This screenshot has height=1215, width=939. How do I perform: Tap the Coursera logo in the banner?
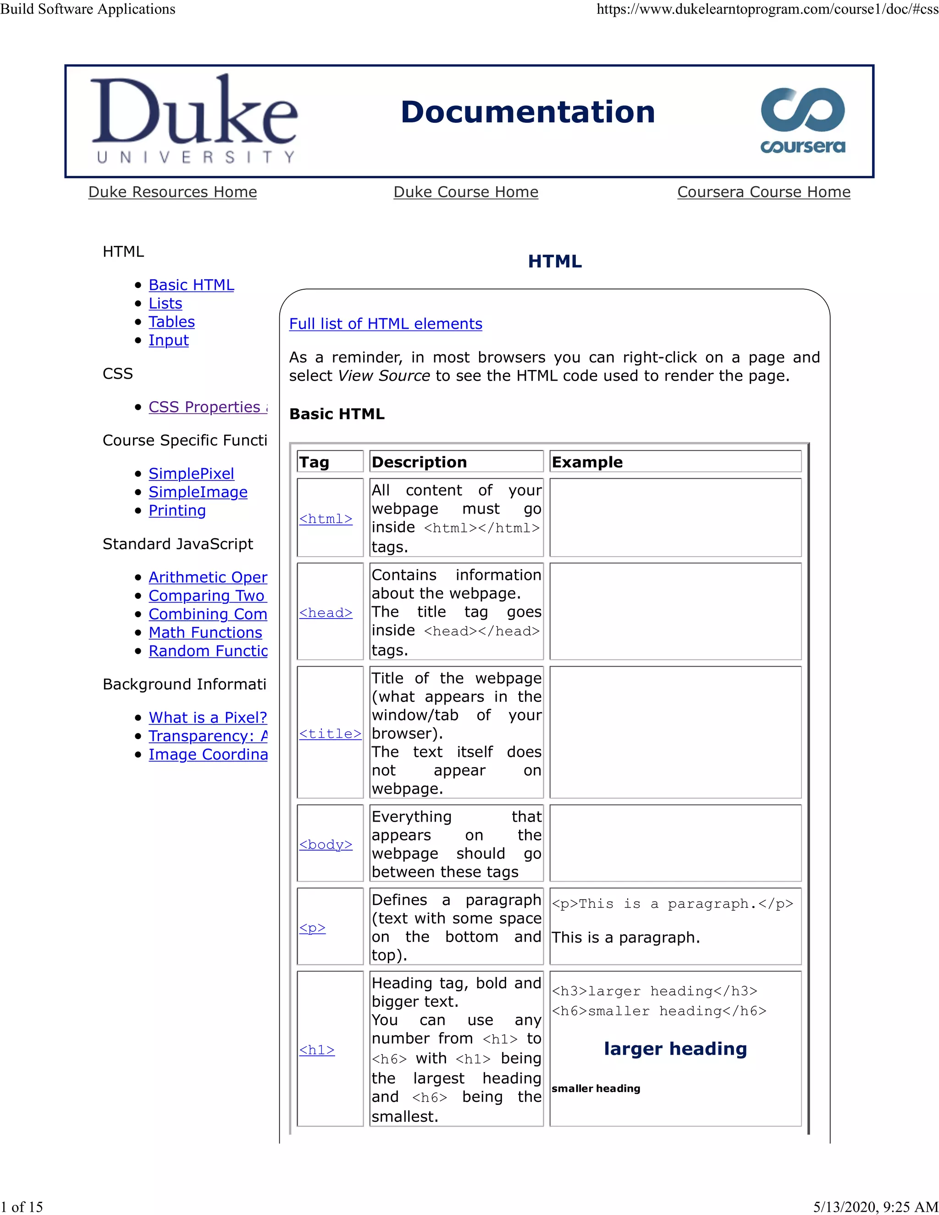[802, 120]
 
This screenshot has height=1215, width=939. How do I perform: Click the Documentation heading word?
[527, 112]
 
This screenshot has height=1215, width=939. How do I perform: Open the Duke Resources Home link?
[172, 192]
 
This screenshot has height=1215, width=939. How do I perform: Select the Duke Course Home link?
[466, 192]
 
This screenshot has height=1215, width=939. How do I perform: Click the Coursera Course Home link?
[763, 192]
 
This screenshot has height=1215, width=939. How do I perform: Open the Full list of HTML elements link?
[386, 324]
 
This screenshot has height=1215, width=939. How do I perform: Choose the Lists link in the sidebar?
[165, 303]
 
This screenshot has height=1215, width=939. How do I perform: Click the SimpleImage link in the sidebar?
[198, 492]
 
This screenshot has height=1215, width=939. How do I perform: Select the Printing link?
[177, 510]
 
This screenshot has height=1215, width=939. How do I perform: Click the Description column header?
[420, 462]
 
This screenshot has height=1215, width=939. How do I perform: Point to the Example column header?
[587, 462]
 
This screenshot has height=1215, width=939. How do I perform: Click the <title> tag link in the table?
[330, 733]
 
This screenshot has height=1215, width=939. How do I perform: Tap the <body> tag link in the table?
[326, 844]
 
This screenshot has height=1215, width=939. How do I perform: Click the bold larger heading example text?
[675, 1048]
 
